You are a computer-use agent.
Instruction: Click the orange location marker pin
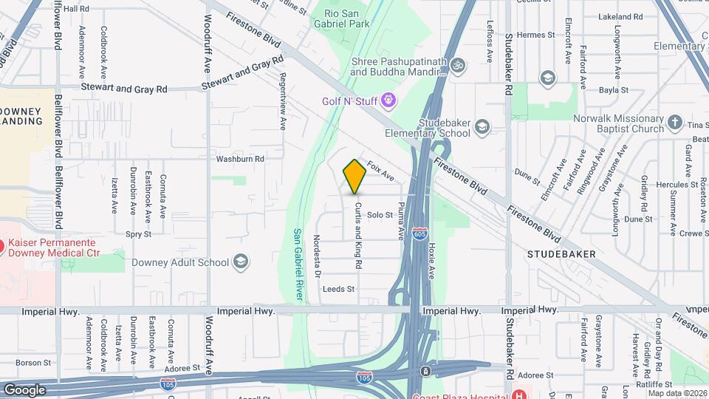pos(354,177)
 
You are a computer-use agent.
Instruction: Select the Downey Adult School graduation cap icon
pos(241,262)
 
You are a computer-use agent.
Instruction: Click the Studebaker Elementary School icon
pos(482,127)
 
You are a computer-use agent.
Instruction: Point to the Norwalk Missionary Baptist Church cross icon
pos(675,123)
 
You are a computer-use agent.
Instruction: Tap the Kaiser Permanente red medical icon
pos(2,245)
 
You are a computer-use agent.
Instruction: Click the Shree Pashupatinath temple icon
pos(458,66)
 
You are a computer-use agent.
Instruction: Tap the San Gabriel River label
pos(299,264)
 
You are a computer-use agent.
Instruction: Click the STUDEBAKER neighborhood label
pos(561,254)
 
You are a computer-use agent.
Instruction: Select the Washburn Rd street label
pos(239,158)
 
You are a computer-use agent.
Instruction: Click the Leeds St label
pos(339,289)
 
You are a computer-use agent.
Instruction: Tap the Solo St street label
pos(380,215)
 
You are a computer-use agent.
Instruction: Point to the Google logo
pos(24,389)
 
